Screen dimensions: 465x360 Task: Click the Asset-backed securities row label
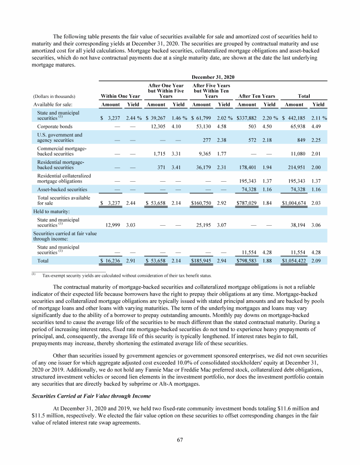[x=62, y=189]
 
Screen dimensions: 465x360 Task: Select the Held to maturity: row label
[x=51, y=211]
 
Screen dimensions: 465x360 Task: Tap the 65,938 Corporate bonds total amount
[x=297, y=126]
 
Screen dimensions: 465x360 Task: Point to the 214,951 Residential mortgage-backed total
[x=295, y=168]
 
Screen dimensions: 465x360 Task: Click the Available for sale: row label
[x=52, y=104]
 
